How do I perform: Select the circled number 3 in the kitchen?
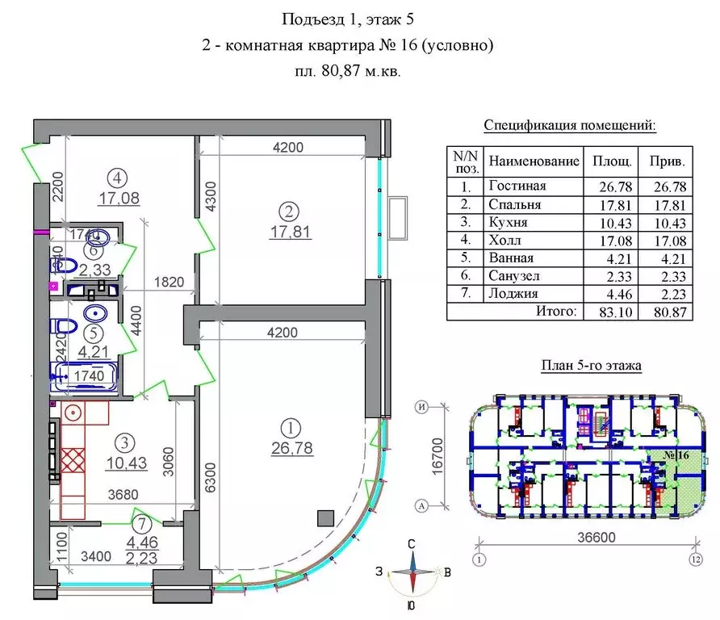(x=123, y=442)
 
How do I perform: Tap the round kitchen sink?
(x=75, y=413)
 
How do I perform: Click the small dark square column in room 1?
(x=325, y=517)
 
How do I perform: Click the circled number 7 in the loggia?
(x=142, y=524)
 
